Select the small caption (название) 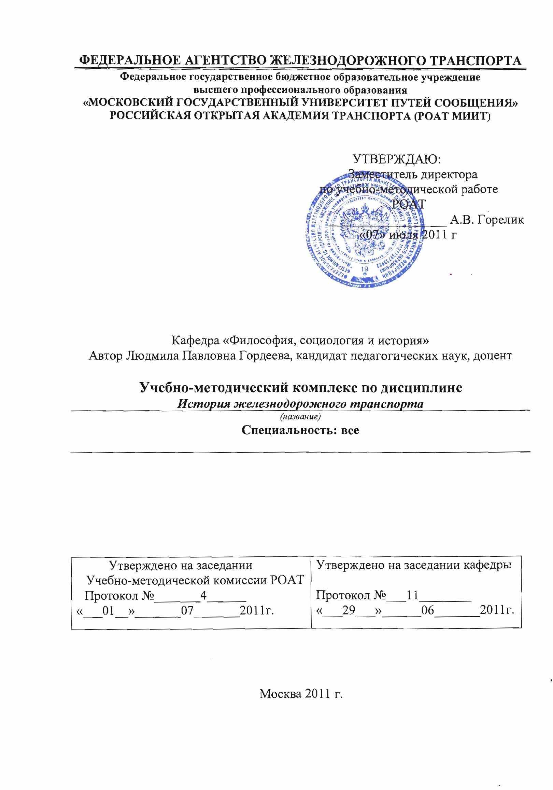(301, 417)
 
